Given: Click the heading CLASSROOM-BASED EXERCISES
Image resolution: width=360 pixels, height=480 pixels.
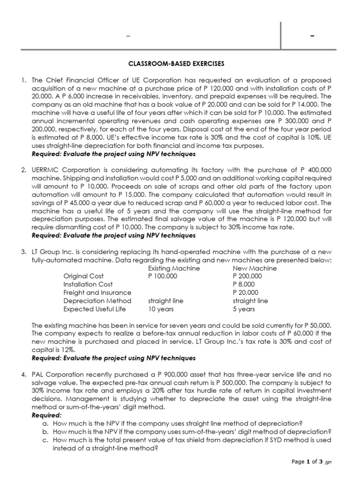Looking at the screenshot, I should coord(180,63).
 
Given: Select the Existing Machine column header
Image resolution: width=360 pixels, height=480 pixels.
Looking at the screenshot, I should coord(174,269).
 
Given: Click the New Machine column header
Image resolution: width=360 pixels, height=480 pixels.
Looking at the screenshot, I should coord(255,269).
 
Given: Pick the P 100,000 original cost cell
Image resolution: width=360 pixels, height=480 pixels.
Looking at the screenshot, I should coord(163,277).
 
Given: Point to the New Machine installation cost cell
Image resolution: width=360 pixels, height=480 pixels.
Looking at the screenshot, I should coord(244,285).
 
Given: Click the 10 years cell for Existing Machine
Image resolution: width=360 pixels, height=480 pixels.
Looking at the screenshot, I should coord(161,309).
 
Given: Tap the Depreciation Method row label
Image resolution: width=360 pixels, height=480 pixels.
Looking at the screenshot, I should coord(97,300).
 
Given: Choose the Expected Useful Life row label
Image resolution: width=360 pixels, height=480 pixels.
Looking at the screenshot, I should coord(97,309).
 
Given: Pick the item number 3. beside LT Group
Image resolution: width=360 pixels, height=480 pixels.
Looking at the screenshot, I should coord(23,252).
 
